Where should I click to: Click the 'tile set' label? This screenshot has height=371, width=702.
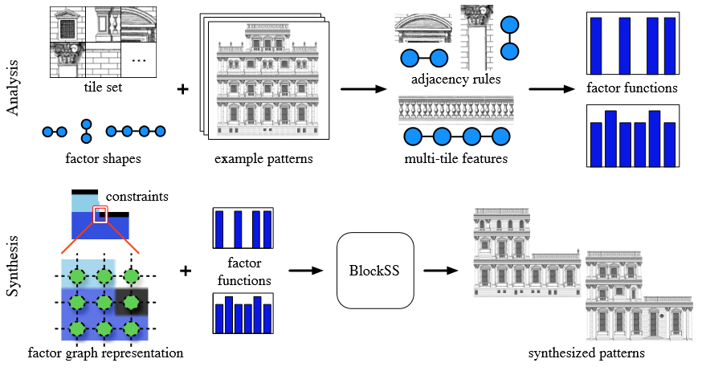(102, 87)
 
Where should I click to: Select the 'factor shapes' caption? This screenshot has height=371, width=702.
(103, 158)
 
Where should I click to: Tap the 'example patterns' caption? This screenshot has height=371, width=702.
(263, 158)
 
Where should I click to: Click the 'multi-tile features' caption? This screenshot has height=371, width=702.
(455, 158)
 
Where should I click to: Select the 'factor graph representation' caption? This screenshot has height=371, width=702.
(105, 353)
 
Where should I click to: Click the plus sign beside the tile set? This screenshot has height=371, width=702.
(182, 88)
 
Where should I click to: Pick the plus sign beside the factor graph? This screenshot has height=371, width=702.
(186, 271)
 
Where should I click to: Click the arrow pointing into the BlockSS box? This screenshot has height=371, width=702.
(301, 271)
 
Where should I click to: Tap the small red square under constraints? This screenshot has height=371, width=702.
(100, 214)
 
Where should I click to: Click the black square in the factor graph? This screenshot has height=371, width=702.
(128, 303)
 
